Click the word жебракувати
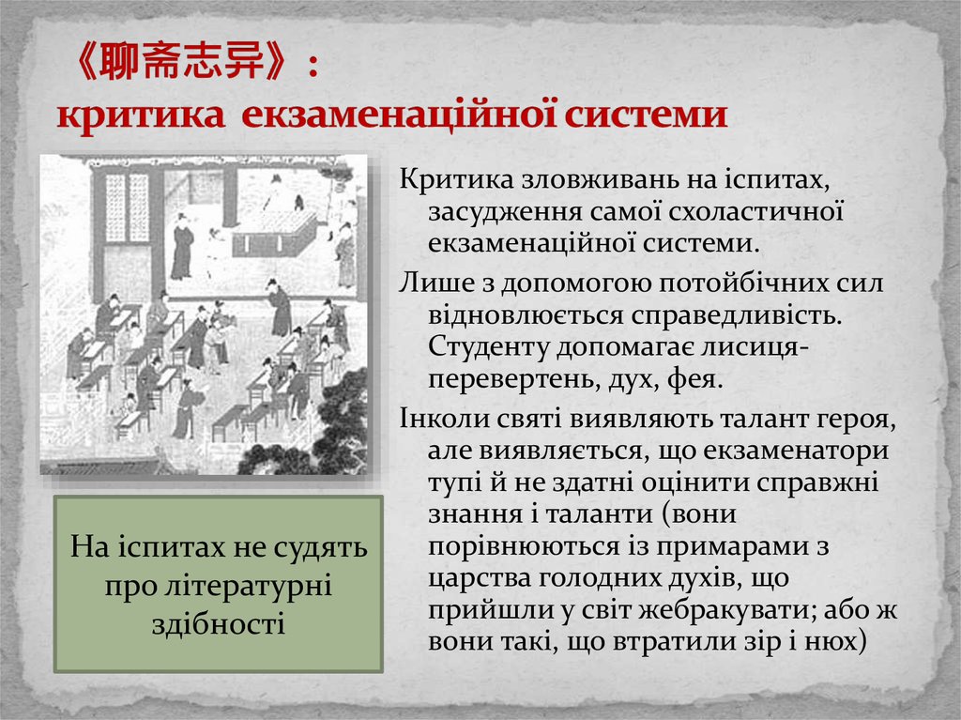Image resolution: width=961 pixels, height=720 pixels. coord(722,610)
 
